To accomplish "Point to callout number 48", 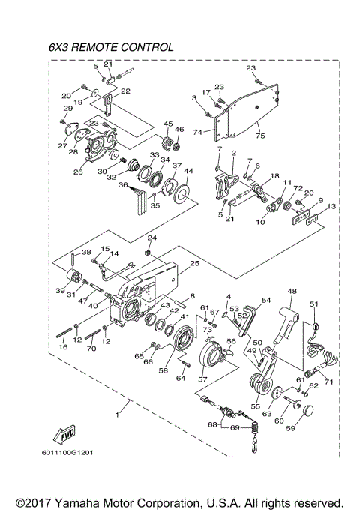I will click(292, 292).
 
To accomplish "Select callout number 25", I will click(194, 264).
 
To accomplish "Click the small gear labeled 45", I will click(166, 140).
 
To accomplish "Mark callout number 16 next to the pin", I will click(64, 349).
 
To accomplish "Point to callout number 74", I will click(198, 132).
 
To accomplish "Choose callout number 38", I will click(86, 253).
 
